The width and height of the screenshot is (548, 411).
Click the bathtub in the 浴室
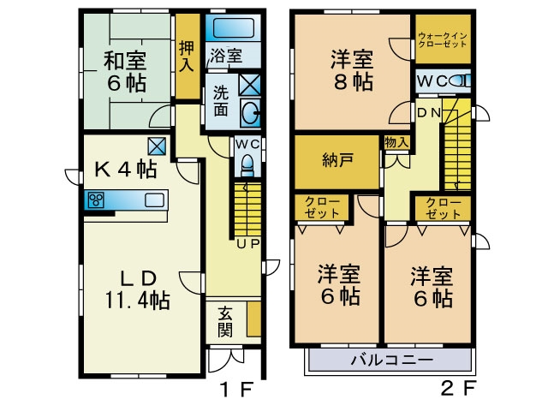[x=233, y=27]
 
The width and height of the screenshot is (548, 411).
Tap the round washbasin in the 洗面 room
[x=251, y=113]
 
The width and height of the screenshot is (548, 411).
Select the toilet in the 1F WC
[x=247, y=165]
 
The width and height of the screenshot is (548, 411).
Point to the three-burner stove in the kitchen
[x=96, y=200]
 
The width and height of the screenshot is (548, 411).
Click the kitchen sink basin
[x=154, y=200]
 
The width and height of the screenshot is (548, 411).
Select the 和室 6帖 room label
[x=126, y=71]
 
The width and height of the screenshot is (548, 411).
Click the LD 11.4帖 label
[x=138, y=289]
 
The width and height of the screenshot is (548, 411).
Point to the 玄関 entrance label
[x=225, y=322]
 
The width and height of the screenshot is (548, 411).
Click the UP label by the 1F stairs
[x=248, y=244]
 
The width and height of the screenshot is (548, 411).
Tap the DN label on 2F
[x=429, y=112]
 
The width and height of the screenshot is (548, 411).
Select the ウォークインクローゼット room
[x=443, y=39]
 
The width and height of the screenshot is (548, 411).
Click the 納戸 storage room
[x=337, y=162]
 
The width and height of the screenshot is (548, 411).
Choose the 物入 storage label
[x=396, y=143]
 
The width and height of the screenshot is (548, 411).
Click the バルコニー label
[x=392, y=360]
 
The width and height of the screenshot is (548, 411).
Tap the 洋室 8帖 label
[x=353, y=70]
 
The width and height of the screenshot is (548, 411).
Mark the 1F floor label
[x=236, y=389]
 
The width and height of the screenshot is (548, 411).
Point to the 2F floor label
[x=458, y=388]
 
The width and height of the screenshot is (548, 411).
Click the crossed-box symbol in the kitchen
[x=157, y=146]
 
